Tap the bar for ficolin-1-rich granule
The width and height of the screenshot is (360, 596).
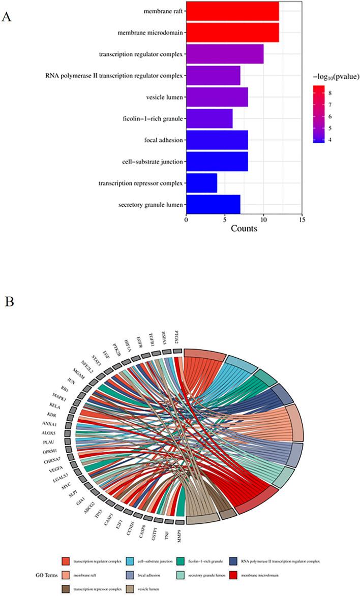[x=209, y=118]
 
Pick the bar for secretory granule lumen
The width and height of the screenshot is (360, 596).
[x=213, y=205]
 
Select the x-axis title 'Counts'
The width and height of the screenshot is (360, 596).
[x=244, y=229]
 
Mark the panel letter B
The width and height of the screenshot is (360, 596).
[x=8, y=301]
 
